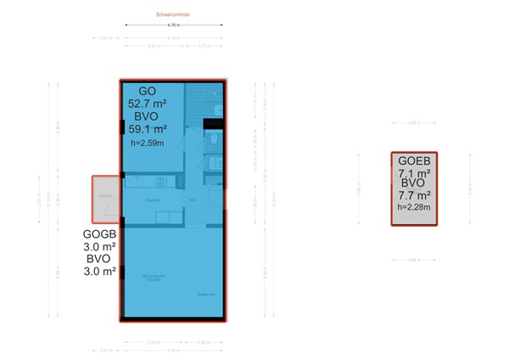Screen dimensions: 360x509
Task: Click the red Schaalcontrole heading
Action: pyautogui.click(x=173, y=15)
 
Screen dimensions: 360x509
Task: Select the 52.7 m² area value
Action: pyautogui.click(x=147, y=104)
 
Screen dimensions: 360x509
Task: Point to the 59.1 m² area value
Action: pyautogui.click(x=147, y=129)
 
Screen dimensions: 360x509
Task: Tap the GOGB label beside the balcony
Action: pyautogui.click(x=101, y=234)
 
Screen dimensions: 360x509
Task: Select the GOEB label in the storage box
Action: pyautogui.click(x=415, y=160)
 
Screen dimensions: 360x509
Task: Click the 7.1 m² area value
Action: pyautogui.click(x=415, y=172)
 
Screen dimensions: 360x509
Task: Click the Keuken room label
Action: pyautogui.click(x=153, y=200)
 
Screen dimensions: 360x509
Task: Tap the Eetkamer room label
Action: pyautogui.click(x=206, y=295)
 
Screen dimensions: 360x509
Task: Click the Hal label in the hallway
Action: pyautogui.click(x=193, y=200)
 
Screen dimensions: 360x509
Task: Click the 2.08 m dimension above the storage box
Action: pyautogui.click(x=414, y=123)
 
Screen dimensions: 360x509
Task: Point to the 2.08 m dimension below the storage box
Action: pyautogui.click(x=414, y=259)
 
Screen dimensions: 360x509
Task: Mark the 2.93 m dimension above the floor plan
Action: pyautogui.click(x=154, y=47)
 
